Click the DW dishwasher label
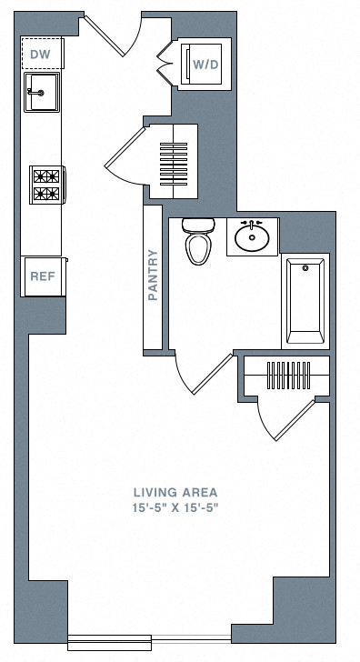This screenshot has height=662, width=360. point(39,55)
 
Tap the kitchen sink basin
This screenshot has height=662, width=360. point(42,91)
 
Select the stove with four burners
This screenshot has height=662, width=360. point(46,185)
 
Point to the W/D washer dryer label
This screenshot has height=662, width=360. point(204,64)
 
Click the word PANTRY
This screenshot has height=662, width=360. point(153,275)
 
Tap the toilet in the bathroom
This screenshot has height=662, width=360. point(196,242)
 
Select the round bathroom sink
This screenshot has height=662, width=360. point(252,238)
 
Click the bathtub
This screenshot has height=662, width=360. point(305,299)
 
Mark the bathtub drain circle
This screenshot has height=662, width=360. point(305,268)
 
